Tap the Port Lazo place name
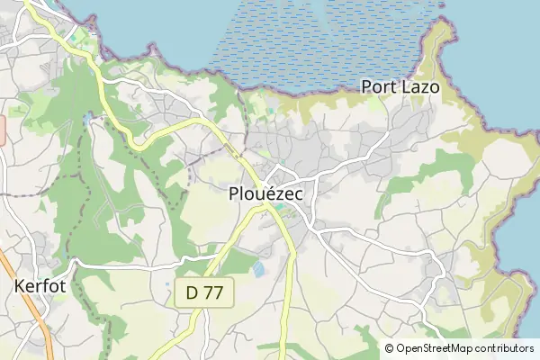pos(400,87)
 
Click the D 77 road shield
pos(204,292)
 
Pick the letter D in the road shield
pos(192,292)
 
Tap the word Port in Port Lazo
pos(379,87)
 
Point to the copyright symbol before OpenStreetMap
pos(390,348)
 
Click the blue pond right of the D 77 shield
pos(259,268)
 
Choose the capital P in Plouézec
pos(235,193)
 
